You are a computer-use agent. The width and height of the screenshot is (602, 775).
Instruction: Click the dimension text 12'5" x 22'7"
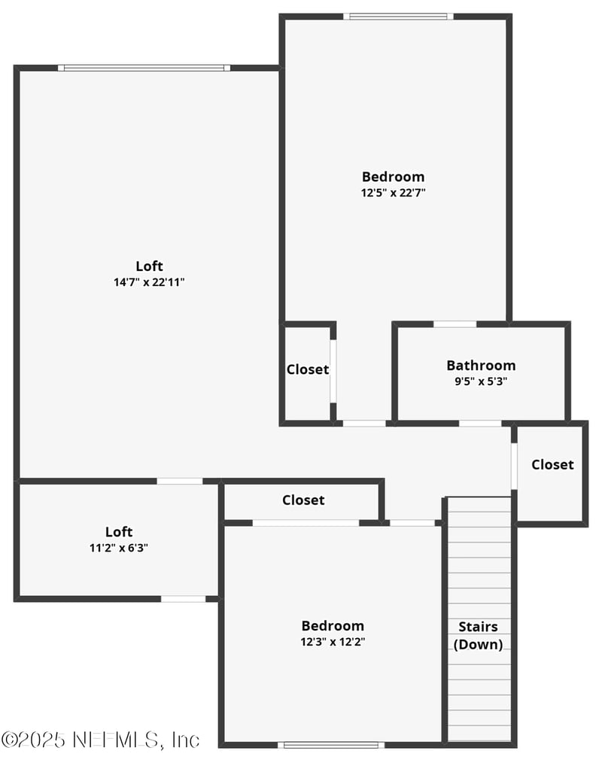(393, 192)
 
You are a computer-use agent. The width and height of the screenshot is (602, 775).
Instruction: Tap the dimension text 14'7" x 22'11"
(149, 282)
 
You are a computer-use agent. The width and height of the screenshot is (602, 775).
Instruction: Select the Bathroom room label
(481, 366)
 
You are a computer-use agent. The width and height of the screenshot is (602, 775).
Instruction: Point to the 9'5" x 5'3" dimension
(481, 381)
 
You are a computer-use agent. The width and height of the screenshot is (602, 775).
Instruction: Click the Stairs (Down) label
(478, 635)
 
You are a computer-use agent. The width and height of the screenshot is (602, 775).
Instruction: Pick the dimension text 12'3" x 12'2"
(333, 642)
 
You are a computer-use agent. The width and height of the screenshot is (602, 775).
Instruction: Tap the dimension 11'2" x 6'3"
(119, 548)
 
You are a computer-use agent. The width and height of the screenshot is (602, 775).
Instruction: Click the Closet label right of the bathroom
(552, 464)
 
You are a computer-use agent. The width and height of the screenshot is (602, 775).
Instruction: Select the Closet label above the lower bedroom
(303, 500)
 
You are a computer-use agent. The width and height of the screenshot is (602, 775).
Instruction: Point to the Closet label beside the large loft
(307, 369)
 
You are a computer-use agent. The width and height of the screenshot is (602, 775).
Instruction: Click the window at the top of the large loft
(144, 68)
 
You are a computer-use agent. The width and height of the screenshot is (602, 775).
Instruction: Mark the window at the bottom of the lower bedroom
(331, 745)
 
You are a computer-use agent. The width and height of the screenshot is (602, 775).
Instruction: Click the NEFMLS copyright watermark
(100, 740)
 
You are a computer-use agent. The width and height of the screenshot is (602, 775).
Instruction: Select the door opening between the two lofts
(180, 481)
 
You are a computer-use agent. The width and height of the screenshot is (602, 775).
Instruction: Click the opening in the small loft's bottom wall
(184, 599)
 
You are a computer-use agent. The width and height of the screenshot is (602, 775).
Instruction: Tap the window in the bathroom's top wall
(455, 324)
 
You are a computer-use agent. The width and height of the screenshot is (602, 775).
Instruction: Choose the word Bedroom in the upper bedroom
(393, 177)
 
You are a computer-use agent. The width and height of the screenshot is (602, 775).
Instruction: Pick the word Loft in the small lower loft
(119, 532)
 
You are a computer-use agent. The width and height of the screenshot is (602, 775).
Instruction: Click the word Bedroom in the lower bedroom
(333, 625)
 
